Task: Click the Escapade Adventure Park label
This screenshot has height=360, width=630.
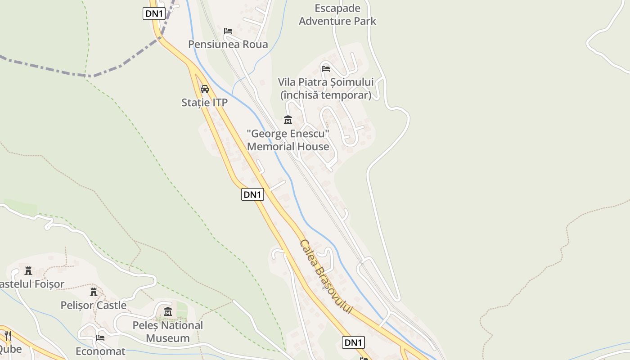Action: coord(337,14)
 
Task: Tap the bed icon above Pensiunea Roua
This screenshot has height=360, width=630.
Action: coord(228,31)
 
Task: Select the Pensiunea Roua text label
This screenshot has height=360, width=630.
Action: coord(228,44)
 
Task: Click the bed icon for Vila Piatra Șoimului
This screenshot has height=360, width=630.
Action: coord(326,68)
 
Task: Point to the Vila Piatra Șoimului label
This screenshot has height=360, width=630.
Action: coord(326,88)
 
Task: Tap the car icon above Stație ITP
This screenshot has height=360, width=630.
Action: coord(205,89)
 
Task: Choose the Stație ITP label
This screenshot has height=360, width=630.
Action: coord(204,103)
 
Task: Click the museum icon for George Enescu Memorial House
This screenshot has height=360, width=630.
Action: coord(288,120)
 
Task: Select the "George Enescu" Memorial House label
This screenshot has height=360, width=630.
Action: coord(288,140)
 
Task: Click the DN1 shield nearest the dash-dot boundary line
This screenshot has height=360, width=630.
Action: coord(154,13)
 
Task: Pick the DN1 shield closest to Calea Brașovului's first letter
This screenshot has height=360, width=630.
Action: coord(252,194)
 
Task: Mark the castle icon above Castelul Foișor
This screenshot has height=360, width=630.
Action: coord(28,270)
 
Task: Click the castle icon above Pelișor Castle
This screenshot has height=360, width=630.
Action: coord(94,292)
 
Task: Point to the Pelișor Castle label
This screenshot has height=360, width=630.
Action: coord(94,305)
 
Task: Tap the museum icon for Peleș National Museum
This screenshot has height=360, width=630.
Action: coord(168,311)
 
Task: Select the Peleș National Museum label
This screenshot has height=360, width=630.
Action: coord(168,331)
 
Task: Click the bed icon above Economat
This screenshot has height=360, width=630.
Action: coord(100,337)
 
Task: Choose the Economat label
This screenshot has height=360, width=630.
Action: coord(100,351)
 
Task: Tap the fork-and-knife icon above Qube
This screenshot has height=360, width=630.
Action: coord(8,335)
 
